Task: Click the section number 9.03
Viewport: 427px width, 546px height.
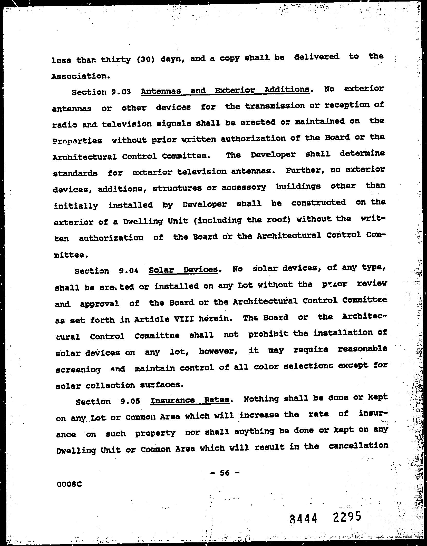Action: pyautogui.click(x=121, y=92)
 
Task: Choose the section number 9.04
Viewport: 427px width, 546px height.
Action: pyautogui.click(x=129, y=270)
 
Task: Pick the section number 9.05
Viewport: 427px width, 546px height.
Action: pyautogui.click(x=130, y=401)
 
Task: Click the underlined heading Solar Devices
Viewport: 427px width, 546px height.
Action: pyautogui.click(x=183, y=270)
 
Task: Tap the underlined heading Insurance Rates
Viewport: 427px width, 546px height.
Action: pyautogui.click(x=190, y=400)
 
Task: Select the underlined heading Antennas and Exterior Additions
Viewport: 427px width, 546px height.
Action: pyautogui.click(x=225, y=91)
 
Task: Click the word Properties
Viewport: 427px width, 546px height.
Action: pyautogui.click(x=77, y=141)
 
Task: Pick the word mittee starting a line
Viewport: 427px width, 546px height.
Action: pyautogui.click(x=71, y=255)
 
